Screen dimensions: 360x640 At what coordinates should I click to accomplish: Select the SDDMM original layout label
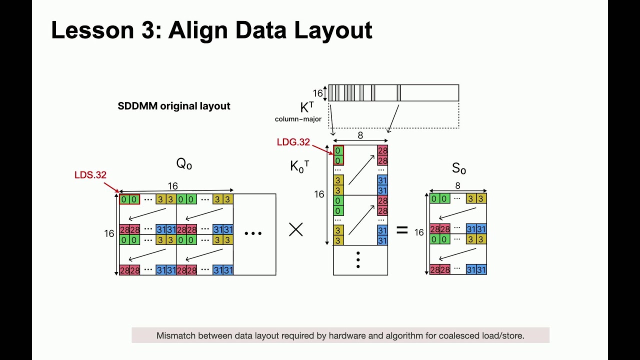pos(173,106)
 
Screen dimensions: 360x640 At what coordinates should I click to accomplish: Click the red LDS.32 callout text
pos(90,175)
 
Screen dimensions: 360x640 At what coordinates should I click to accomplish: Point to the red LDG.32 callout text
pos(293,142)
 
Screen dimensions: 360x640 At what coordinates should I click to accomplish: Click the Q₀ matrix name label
pos(184,163)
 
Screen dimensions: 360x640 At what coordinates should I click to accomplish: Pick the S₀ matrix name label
pos(458,168)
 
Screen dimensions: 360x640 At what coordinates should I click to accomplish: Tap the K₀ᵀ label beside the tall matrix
pos(299,166)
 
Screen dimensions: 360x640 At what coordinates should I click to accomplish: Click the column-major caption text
pos(298,119)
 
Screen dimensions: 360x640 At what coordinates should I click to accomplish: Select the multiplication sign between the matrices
pos(296,229)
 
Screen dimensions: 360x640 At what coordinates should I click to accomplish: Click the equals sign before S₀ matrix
pos(402,230)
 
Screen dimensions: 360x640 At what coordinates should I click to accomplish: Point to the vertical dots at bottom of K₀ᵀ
pos(358,260)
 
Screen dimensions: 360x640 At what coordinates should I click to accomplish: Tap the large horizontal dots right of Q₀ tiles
pos(253,233)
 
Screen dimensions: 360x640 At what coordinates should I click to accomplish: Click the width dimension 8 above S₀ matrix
pos(457,186)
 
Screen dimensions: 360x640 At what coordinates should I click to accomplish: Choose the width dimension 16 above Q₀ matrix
pos(173,186)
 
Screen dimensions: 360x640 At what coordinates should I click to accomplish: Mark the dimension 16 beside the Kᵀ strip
pos(317,93)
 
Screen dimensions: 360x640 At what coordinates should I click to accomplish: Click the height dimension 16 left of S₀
pos(419,232)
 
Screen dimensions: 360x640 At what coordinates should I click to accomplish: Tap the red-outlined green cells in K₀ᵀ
pos(338,155)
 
